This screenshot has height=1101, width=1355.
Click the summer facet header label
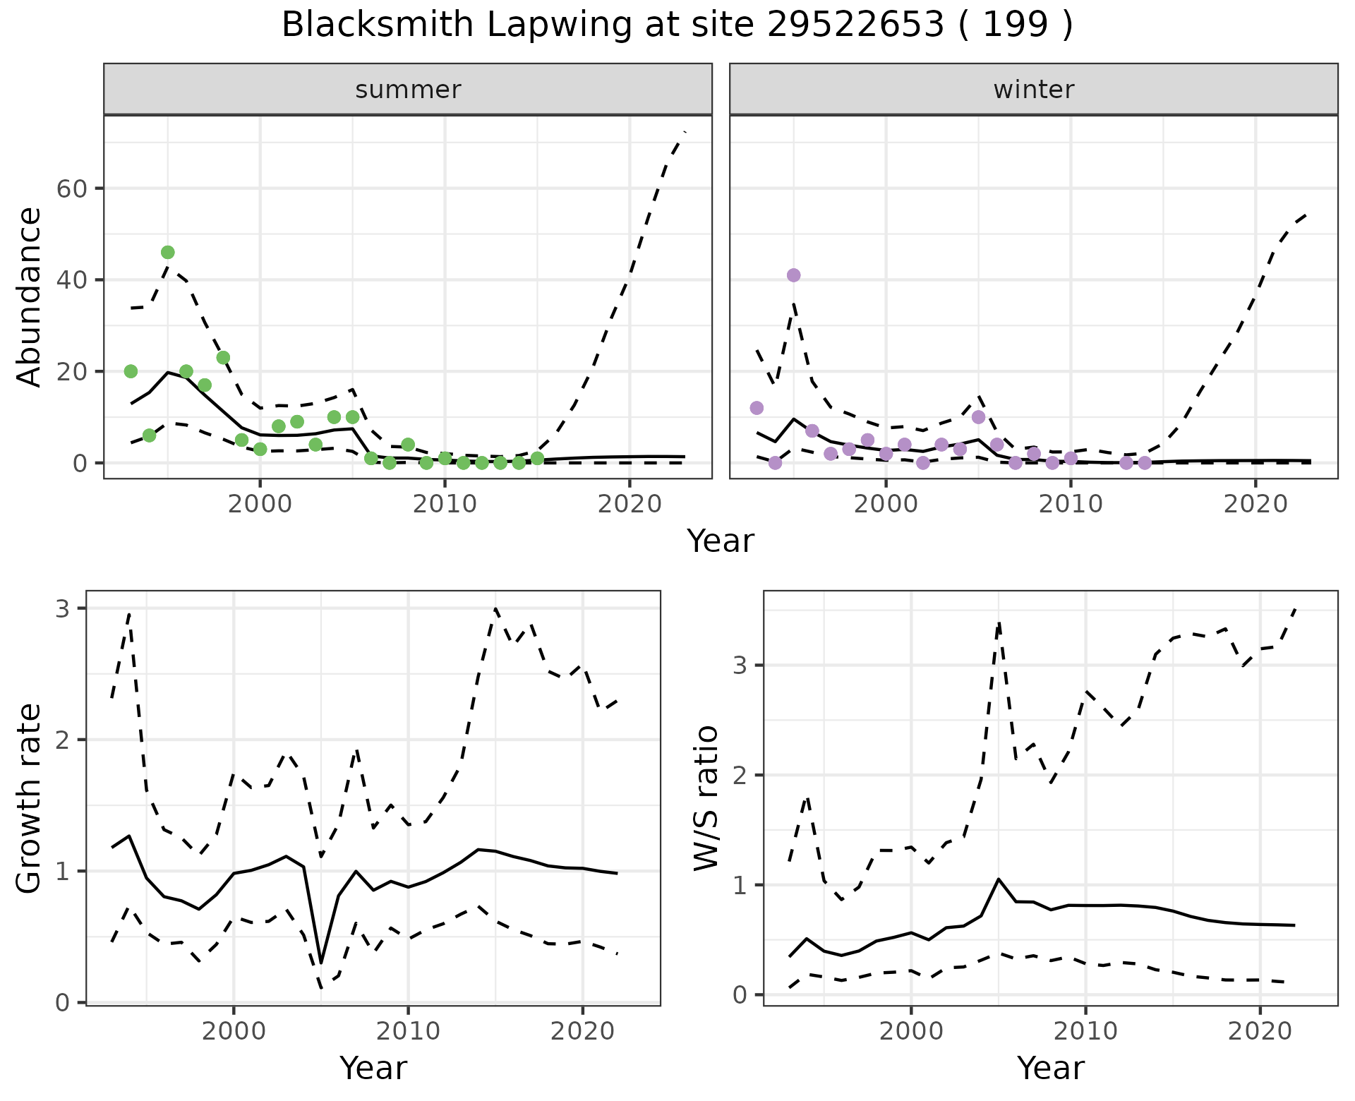408,90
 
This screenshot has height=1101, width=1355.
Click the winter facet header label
1033,90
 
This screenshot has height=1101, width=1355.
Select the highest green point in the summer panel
167,253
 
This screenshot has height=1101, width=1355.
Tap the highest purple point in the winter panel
793,275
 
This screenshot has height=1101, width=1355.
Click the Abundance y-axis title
30,296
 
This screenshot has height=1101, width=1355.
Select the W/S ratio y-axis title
706,798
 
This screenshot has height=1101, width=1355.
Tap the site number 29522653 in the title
855,25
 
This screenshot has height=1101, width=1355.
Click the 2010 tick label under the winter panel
1071,504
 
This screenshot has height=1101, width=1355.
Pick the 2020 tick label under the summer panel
629,504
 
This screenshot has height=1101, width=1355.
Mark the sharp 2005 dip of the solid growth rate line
321,963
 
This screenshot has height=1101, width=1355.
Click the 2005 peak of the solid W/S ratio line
998,879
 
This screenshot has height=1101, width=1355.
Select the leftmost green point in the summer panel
131,371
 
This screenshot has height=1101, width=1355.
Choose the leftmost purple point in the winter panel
757,408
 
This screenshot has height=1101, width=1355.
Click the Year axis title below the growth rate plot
373,1068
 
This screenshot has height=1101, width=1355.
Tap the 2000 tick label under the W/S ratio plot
910,1031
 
